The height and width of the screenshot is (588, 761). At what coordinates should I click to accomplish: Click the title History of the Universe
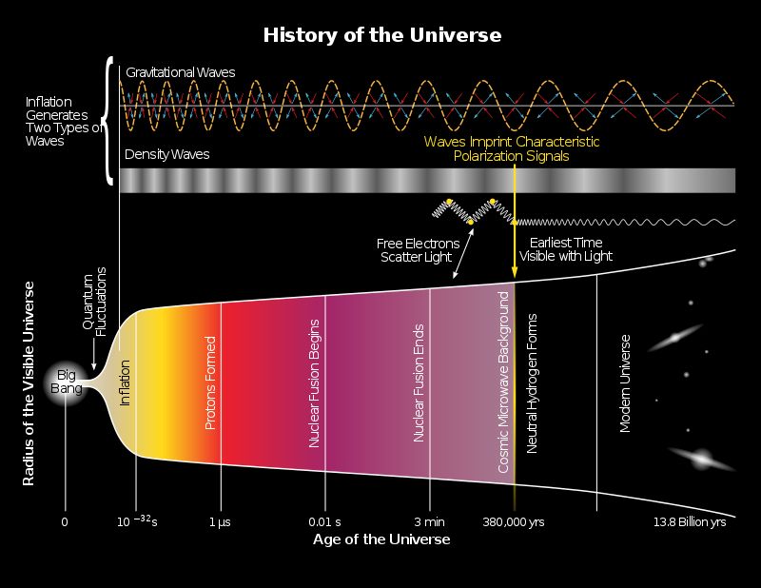point(382,35)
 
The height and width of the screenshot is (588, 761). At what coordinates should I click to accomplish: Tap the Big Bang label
point(66,382)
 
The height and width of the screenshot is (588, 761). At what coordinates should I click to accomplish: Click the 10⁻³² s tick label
point(137,521)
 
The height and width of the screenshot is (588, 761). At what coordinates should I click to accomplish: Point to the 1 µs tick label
point(220,522)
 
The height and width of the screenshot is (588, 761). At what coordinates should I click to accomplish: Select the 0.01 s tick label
point(324,522)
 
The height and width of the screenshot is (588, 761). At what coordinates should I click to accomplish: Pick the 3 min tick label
point(430,522)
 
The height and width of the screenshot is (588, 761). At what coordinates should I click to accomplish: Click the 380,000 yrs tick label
point(514,522)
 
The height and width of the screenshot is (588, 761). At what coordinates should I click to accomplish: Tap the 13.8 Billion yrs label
point(690,522)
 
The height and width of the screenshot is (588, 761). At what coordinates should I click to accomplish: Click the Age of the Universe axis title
point(381,539)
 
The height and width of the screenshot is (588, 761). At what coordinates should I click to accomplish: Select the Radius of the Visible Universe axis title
point(29,383)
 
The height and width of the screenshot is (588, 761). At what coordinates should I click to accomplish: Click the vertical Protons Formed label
point(209,382)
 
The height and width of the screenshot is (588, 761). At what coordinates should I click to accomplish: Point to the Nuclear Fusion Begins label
point(315,383)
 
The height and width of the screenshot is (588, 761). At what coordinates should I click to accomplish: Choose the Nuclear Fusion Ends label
point(419,383)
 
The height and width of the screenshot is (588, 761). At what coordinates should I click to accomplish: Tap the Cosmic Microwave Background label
point(503,382)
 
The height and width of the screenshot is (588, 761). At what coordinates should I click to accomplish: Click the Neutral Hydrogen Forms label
point(532,383)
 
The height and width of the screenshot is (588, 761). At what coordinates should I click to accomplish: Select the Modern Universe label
point(625,383)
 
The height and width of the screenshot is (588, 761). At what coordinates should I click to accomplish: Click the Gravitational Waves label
point(181,72)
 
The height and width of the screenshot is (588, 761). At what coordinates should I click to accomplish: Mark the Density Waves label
point(167,154)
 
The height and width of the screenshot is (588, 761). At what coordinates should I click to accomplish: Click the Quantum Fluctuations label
point(94,302)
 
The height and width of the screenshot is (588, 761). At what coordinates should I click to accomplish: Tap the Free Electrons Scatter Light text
point(419,250)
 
